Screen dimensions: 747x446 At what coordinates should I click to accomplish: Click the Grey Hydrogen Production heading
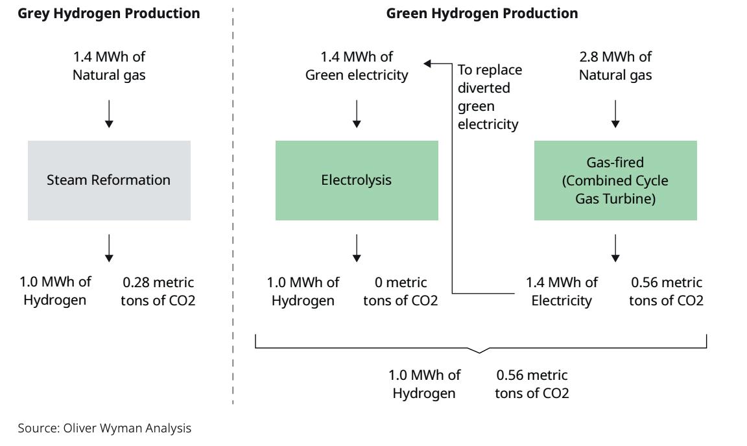click(x=109, y=13)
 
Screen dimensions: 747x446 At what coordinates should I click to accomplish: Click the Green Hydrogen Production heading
click(x=482, y=13)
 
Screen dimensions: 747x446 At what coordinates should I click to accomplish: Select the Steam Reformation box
click(x=109, y=180)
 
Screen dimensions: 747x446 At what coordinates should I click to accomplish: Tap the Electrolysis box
click(x=357, y=180)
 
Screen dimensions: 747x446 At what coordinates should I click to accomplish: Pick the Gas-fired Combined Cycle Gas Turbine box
click(x=615, y=180)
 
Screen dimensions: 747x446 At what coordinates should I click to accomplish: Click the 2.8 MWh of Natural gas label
click(x=615, y=66)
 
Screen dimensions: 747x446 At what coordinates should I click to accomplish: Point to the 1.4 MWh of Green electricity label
click(x=357, y=66)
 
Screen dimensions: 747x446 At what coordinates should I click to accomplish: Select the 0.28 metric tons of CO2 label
click(x=158, y=292)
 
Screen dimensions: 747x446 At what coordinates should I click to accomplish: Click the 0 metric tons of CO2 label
click(x=400, y=292)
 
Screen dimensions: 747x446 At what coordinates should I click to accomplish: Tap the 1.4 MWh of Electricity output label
click(x=562, y=292)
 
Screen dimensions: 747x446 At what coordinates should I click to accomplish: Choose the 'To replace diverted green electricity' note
click(x=490, y=97)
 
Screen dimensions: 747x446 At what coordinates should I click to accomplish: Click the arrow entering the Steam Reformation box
click(x=109, y=114)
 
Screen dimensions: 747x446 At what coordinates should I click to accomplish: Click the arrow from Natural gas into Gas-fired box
click(x=615, y=114)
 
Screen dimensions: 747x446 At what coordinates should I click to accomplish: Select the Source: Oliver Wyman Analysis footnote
click(x=104, y=428)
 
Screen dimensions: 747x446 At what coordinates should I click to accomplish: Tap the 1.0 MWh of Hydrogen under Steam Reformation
click(x=55, y=292)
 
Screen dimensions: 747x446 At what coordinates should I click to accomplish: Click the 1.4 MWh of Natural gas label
click(x=109, y=66)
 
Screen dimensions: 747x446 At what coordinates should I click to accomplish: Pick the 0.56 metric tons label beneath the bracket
click(x=532, y=384)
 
